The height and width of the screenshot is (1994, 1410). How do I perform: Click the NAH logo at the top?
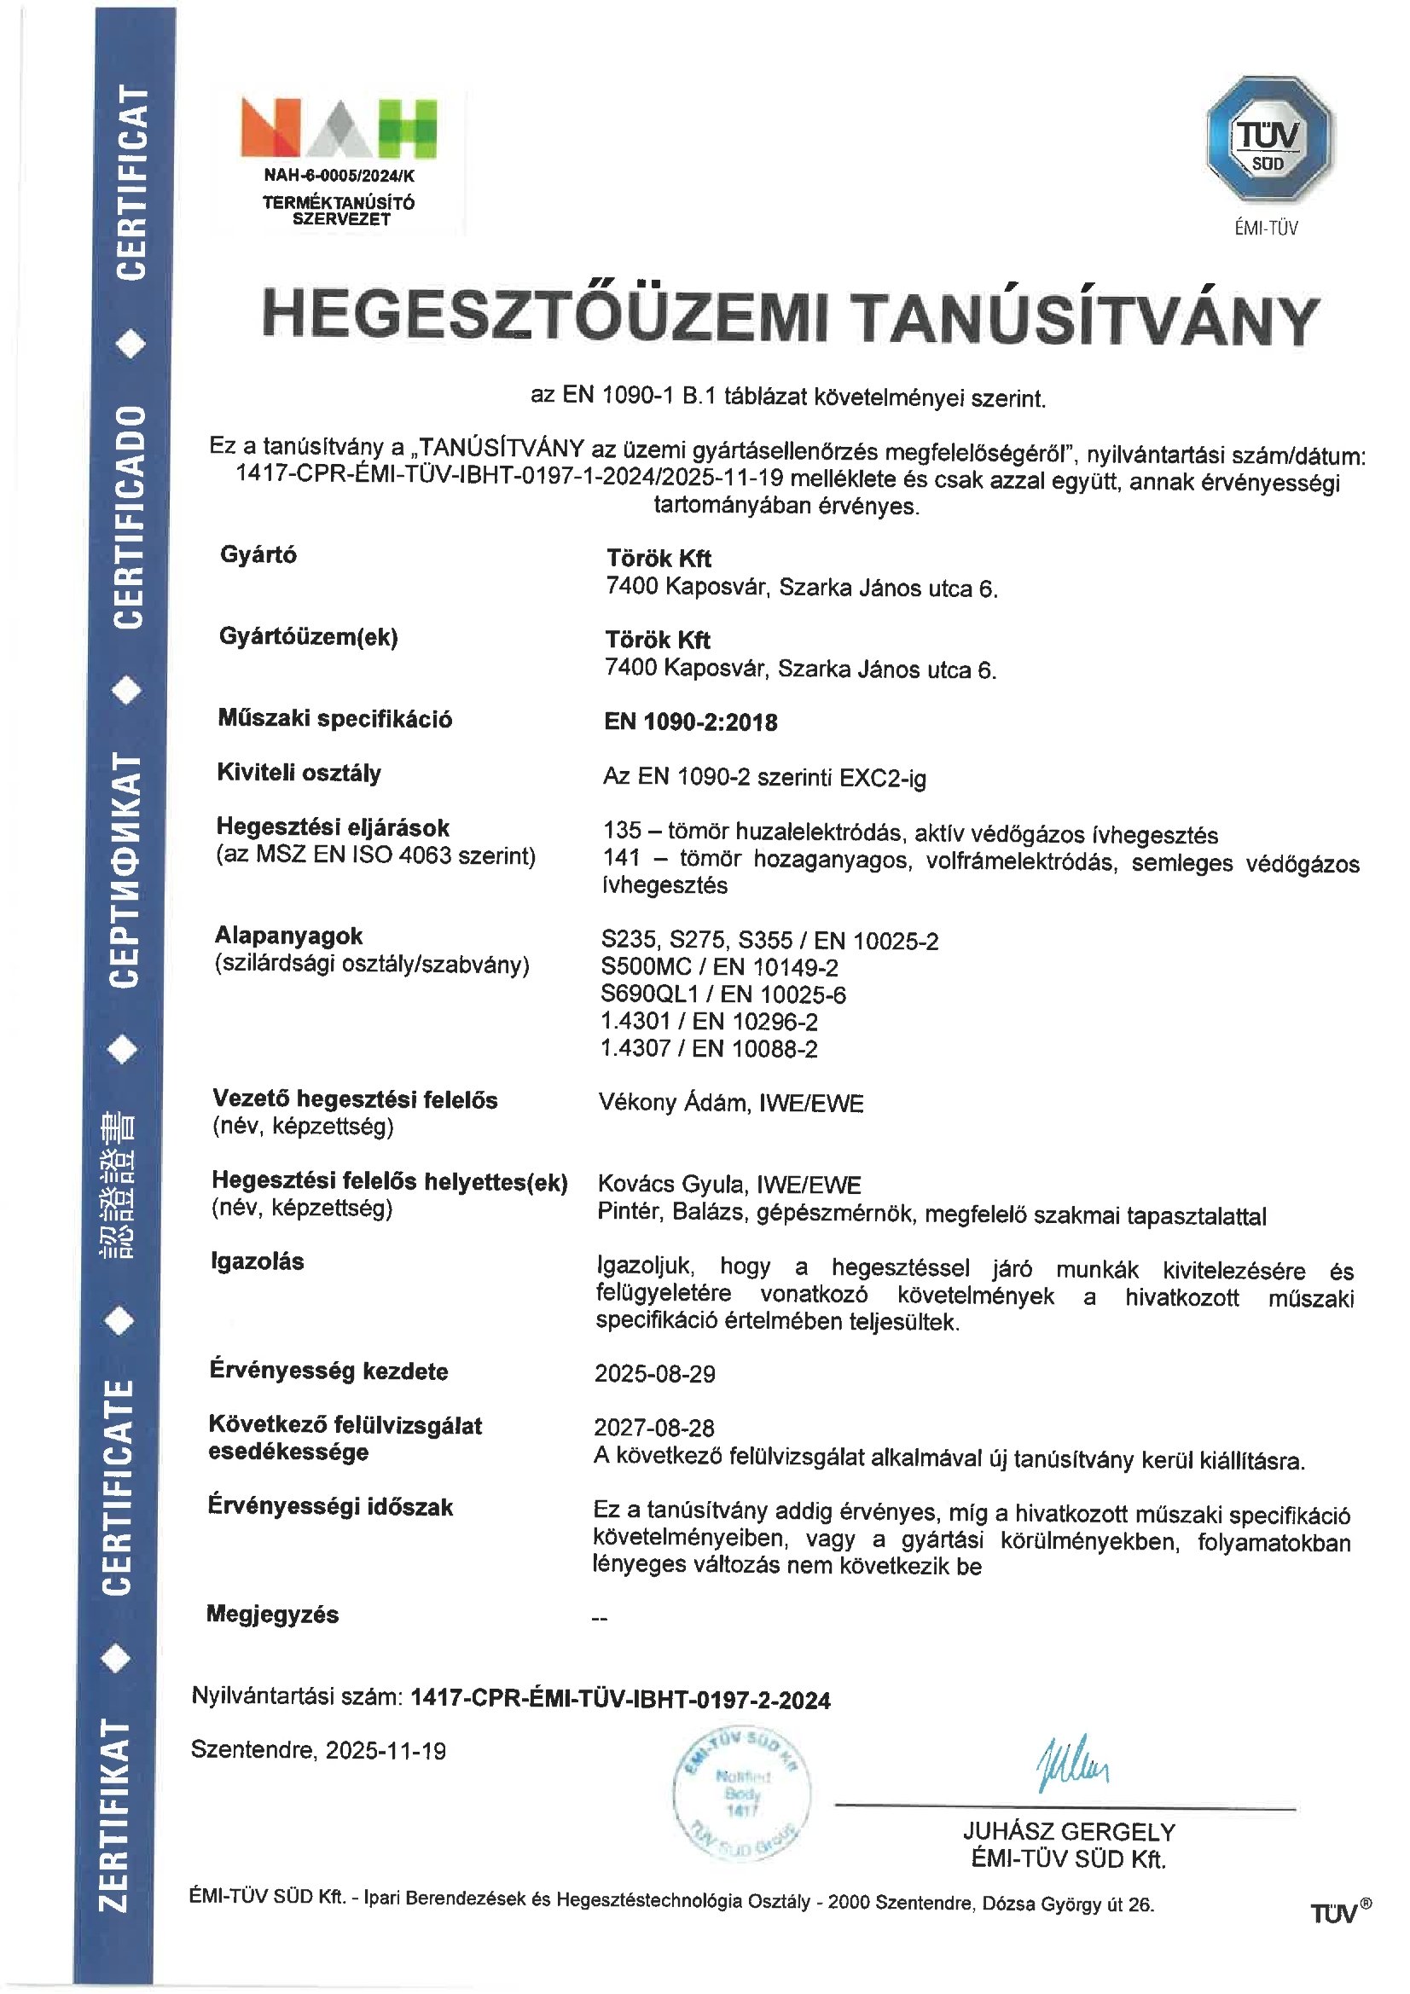(338, 129)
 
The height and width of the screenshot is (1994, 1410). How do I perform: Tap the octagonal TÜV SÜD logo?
(1269, 140)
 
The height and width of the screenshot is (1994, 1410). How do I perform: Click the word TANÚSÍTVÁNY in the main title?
(1083, 320)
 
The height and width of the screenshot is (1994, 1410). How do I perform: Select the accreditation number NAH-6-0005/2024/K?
(339, 176)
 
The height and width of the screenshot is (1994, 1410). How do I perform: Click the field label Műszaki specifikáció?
(334, 719)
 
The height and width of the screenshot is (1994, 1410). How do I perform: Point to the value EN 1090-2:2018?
(691, 722)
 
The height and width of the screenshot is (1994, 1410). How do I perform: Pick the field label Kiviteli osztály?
(299, 773)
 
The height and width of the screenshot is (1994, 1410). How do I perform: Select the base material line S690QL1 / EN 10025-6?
(722, 994)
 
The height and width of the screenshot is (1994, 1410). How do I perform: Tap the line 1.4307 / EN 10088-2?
(709, 1048)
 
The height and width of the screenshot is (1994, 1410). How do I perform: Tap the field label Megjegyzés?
(272, 1614)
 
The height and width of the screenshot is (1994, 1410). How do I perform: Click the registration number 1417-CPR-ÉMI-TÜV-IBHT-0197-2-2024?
(620, 1700)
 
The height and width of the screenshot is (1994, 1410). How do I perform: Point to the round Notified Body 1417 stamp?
(742, 1793)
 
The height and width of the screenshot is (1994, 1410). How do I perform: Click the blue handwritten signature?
(1072, 1765)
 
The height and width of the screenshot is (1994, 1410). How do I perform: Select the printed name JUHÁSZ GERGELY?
(1069, 1832)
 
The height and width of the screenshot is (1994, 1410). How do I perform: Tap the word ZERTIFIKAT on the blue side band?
(115, 1815)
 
